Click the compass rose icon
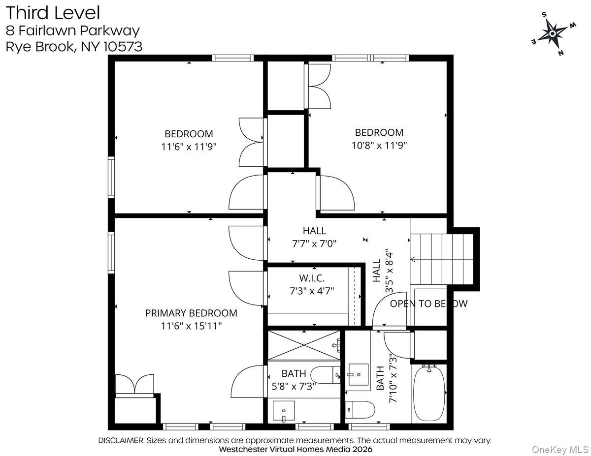(x=552, y=33)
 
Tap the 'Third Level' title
(x=53, y=13)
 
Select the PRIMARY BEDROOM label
(x=191, y=313)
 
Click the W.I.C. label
(x=312, y=278)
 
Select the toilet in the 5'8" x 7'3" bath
(x=326, y=375)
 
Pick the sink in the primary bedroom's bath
(x=284, y=410)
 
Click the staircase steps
(x=441, y=259)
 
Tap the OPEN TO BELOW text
(x=428, y=304)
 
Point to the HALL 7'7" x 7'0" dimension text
(x=314, y=243)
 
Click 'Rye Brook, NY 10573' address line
(x=74, y=47)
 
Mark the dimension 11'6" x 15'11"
(x=191, y=325)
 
